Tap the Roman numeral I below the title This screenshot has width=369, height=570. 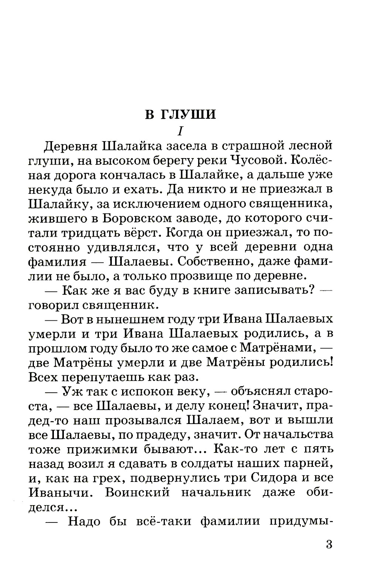tap(180, 131)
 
